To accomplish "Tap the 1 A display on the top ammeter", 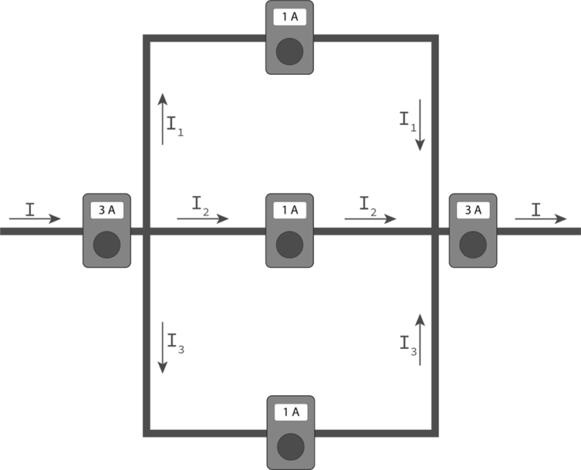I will point(290,16).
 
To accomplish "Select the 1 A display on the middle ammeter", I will point(290,210).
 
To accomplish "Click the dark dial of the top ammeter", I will point(290,52).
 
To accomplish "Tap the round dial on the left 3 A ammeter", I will point(106,245).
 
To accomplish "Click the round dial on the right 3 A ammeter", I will point(473,245).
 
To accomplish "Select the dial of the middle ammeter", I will point(290,245).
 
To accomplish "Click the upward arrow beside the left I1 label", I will point(162,119).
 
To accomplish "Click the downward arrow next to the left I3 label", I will point(162,347).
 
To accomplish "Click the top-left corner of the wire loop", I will point(147,38).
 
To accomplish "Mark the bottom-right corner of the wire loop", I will point(434,433).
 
